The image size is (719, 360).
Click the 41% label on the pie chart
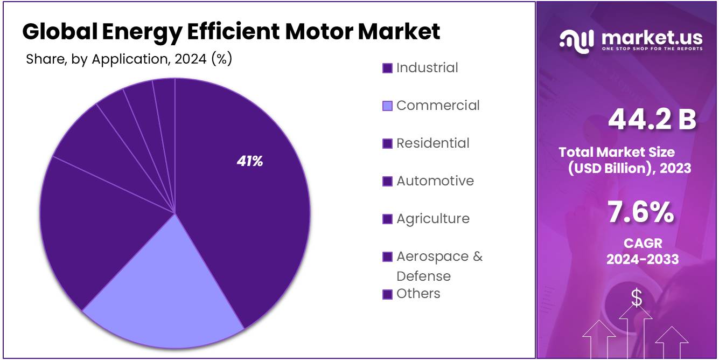[249, 161]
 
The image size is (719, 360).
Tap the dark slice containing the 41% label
[248, 216]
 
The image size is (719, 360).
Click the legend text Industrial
[427, 68]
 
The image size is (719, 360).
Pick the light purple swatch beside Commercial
[387, 106]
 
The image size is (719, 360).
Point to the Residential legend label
[433, 143]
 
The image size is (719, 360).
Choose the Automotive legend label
[435, 181]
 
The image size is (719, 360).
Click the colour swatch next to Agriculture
[387, 219]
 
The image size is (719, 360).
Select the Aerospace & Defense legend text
[439, 266]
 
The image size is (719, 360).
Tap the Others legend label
[418, 294]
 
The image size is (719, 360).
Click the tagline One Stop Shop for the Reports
[652, 49]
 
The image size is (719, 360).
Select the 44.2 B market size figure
[652, 120]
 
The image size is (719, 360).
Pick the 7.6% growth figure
[640, 212]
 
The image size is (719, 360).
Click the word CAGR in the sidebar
[643, 243]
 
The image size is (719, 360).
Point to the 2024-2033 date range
[643, 259]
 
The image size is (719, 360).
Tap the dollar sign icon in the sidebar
[637, 298]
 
